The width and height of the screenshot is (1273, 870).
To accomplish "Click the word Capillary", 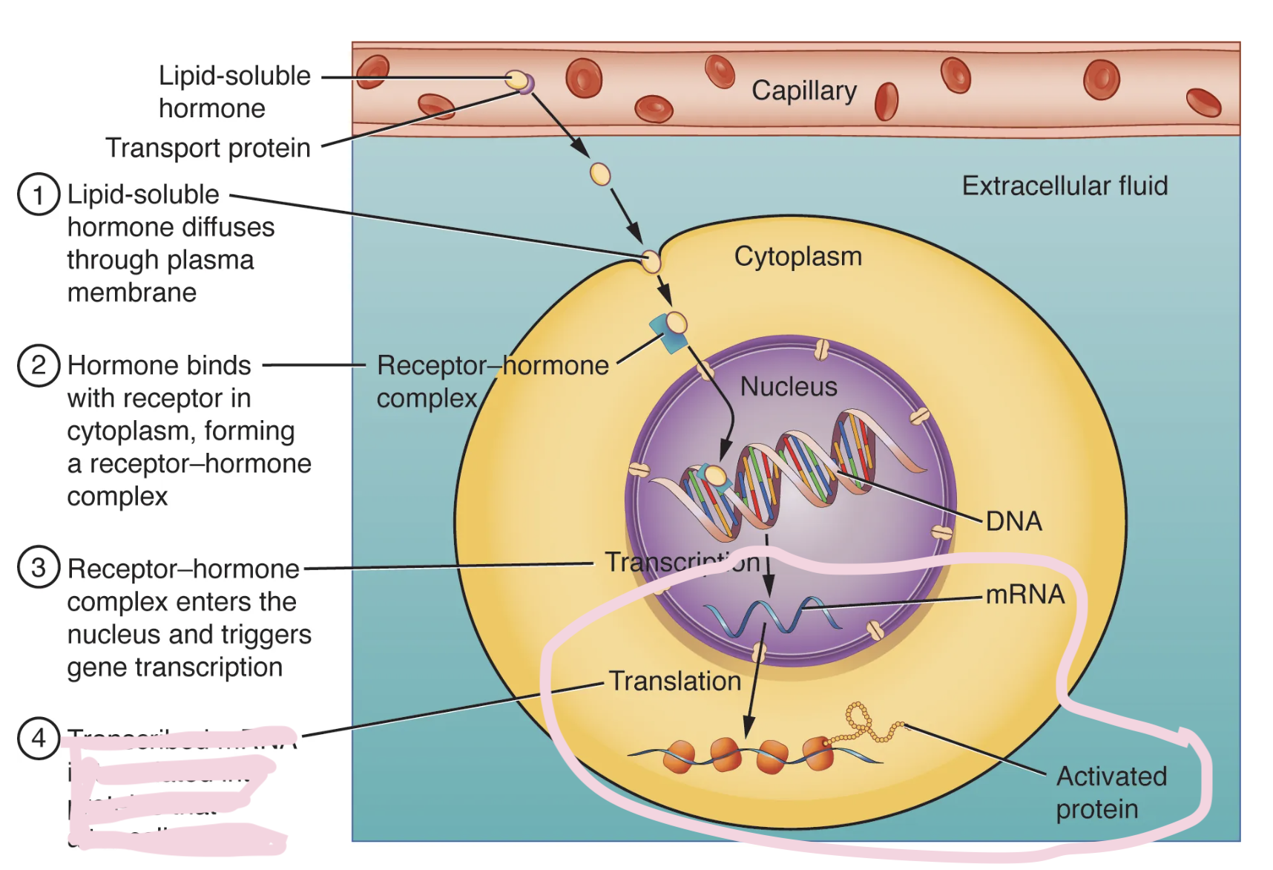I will point(803,91).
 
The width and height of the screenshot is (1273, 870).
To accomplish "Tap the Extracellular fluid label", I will point(1064,186).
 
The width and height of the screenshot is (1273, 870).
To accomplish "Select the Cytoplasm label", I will point(797,257).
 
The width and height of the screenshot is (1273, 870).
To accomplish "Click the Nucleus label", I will point(788,387).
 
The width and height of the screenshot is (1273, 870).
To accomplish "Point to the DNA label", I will point(1013,521).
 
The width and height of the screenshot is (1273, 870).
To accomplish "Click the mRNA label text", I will point(1024,595).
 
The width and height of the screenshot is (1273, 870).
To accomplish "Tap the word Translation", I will point(674,681).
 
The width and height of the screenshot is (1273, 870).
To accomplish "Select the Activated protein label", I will point(1111,792).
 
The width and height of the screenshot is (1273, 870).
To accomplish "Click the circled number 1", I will point(39,194).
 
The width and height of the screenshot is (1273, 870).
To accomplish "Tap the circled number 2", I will point(39,365).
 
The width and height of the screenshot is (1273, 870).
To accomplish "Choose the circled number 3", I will point(39,568).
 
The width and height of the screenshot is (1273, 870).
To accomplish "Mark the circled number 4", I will point(39,738).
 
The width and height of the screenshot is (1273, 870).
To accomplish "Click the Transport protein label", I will point(208,148).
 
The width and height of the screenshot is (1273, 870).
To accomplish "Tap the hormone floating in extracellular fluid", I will point(599,174).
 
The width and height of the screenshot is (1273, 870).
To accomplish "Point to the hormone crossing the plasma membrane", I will point(651,261).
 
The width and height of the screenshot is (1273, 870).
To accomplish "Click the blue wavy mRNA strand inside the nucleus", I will point(772,617).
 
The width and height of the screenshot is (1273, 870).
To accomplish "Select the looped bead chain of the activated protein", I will point(861,720).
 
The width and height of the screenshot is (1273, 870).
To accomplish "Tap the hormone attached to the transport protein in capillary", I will point(516,79).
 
